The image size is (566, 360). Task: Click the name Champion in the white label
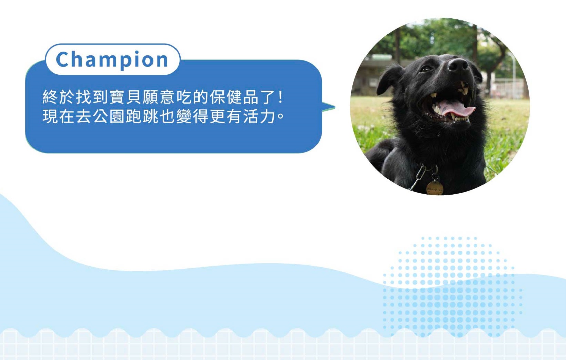pyautogui.click(x=112, y=60)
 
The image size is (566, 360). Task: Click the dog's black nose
pyautogui.click(x=458, y=65)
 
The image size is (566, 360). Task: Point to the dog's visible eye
pyautogui.click(x=426, y=69)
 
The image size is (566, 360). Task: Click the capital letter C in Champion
pyautogui.click(x=62, y=59)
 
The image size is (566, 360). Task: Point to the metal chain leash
pyautogui.click(x=417, y=177)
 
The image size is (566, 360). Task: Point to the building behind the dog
pyautogui.click(x=374, y=76)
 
